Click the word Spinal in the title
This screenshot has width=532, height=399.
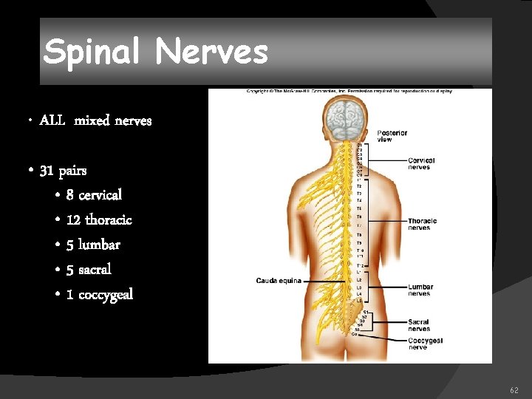(93, 52)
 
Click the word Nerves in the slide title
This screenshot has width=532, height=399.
(212, 52)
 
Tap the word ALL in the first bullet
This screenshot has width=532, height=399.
(52, 120)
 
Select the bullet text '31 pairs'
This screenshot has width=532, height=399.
(63, 171)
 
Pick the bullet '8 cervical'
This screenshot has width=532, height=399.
(94, 195)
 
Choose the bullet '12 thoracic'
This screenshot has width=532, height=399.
(99, 220)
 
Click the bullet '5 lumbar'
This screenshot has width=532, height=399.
(93, 245)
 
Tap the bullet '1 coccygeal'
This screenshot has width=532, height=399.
(100, 294)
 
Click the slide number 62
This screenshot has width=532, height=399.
(514, 389)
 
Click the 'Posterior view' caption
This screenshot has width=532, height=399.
(392, 136)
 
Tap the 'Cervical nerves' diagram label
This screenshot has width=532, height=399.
(421, 163)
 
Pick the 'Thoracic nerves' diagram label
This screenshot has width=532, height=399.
(422, 224)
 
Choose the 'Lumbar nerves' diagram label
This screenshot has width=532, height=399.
(420, 290)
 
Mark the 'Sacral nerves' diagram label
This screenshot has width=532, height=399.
(419, 325)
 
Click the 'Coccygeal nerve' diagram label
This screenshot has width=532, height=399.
(425, 343)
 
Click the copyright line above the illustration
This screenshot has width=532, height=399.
(349, 92)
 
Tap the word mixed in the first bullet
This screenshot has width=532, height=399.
(92, 120)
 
